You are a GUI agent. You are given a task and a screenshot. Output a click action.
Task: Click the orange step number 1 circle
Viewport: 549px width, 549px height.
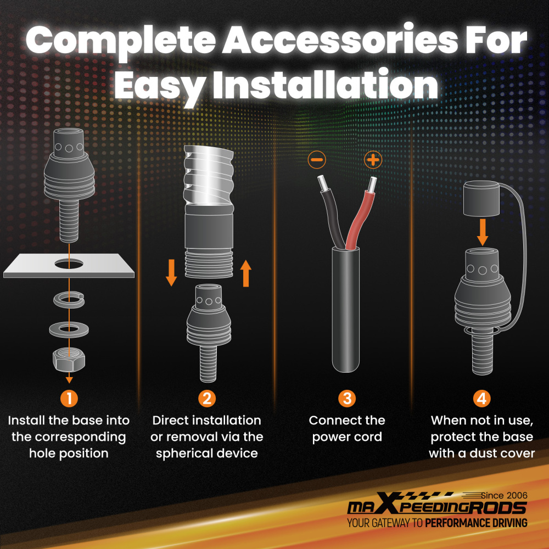(69, 399)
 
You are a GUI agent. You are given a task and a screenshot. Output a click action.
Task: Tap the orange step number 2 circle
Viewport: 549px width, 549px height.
(207, 399)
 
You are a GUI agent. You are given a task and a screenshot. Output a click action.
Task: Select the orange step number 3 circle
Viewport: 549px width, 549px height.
(347, 399)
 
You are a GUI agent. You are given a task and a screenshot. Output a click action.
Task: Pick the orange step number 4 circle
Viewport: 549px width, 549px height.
(482, 399)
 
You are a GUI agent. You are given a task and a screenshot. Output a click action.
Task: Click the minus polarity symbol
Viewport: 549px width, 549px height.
(317, 160)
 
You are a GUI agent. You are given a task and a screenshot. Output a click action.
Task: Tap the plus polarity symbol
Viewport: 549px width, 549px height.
(373, 160)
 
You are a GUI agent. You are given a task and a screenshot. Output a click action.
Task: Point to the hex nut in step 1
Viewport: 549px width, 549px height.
(69, 360)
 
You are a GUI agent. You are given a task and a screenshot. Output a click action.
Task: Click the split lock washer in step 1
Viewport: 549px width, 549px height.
(69, 300)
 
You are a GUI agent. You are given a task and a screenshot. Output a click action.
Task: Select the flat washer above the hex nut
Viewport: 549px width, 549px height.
(69, 329)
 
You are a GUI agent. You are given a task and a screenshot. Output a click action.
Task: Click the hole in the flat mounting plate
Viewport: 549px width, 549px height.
(69, 264)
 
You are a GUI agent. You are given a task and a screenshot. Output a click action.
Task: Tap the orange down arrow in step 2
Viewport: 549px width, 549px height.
(171, 273)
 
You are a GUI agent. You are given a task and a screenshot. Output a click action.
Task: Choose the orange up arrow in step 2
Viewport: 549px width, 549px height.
(246, 273)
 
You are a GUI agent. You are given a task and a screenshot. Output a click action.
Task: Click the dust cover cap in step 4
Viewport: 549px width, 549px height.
(481, 199)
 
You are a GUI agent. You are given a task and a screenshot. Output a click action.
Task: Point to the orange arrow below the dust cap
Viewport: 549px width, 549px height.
(483, 232)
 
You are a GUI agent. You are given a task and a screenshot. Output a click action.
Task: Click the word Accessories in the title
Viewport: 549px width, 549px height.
(340, 40)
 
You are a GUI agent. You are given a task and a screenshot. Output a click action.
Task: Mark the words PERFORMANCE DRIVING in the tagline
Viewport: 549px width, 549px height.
(476, 523)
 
